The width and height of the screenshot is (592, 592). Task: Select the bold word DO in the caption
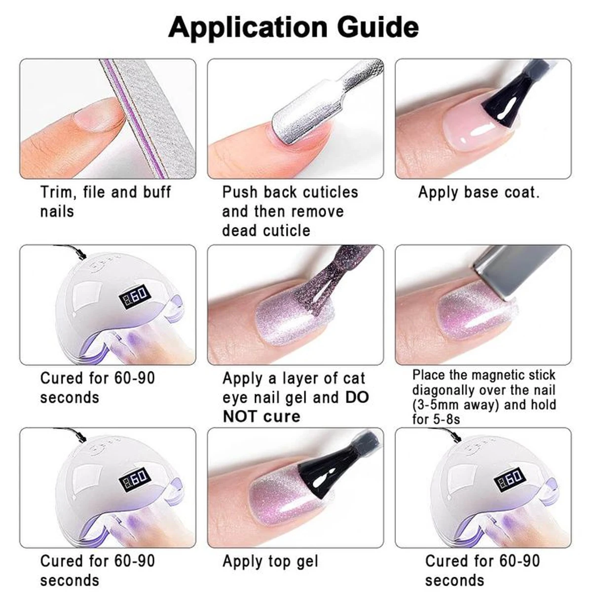pyautogui.click(x=357, y=397)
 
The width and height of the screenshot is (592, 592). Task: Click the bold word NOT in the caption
pyautogui.click(x=241, y=416)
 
